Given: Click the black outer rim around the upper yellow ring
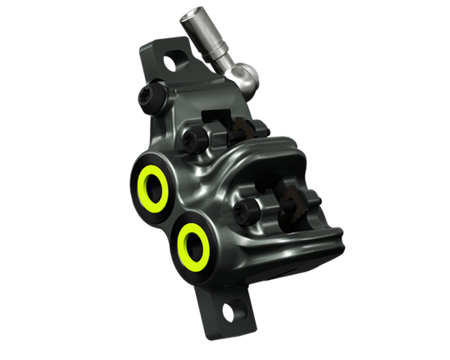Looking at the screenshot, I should pos(133,162).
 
